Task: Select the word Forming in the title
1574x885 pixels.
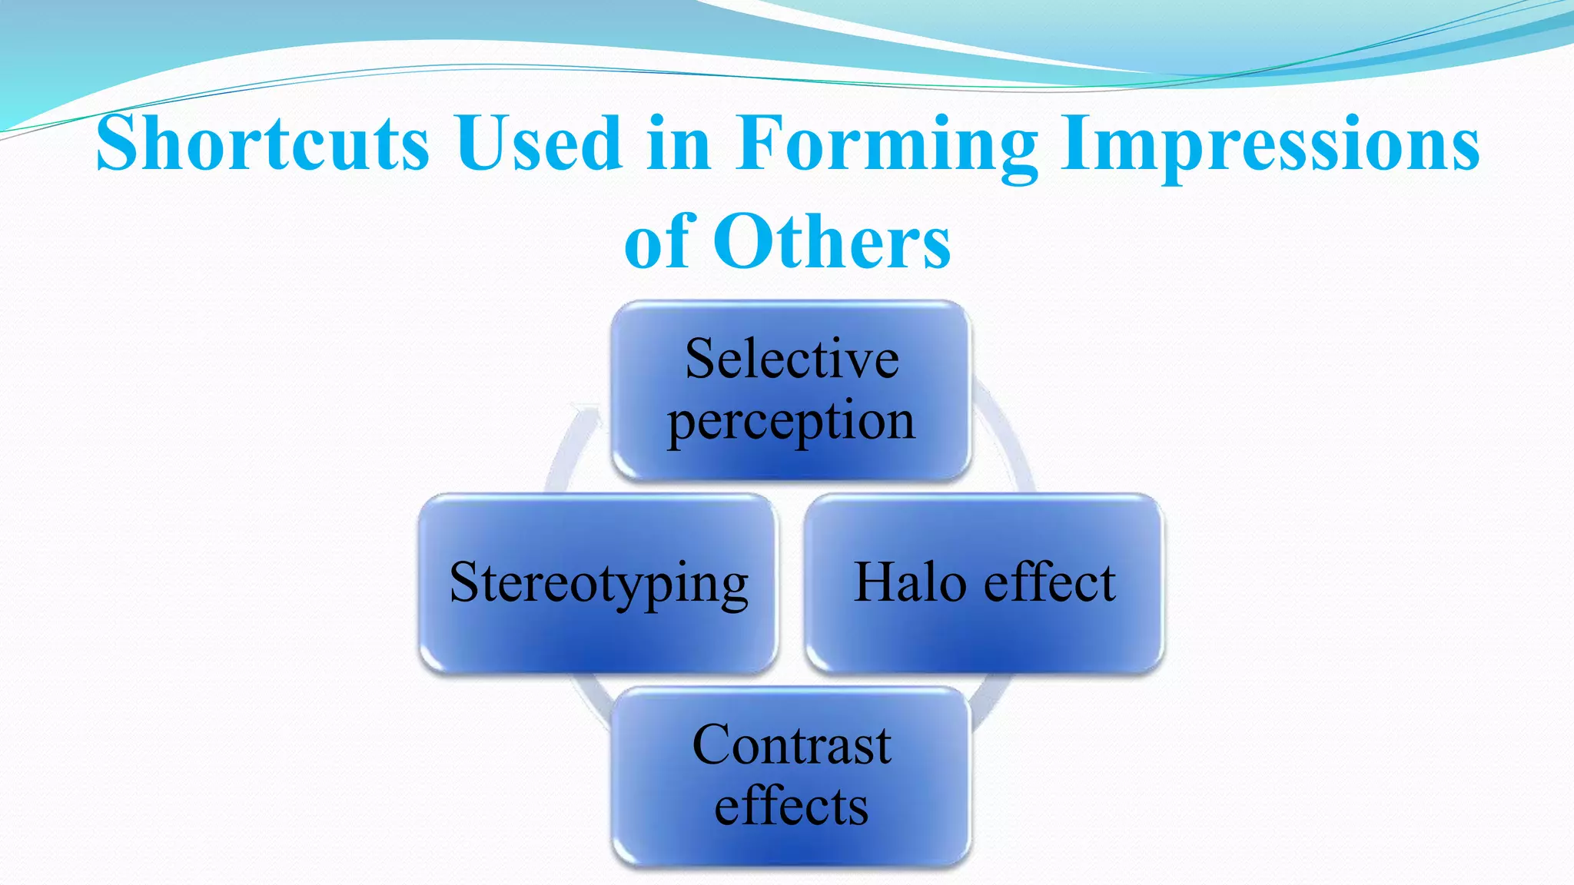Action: tap(887, 144)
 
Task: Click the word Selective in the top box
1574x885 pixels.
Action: tap(792, 359)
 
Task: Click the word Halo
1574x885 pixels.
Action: tap(910, 582)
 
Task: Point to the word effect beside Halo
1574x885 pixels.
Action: tap(1050, 582)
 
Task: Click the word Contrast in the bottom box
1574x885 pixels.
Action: tap(792, 745)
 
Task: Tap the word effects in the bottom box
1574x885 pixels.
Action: tap(792, 807)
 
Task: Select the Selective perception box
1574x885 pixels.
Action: tap(792, 461)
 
